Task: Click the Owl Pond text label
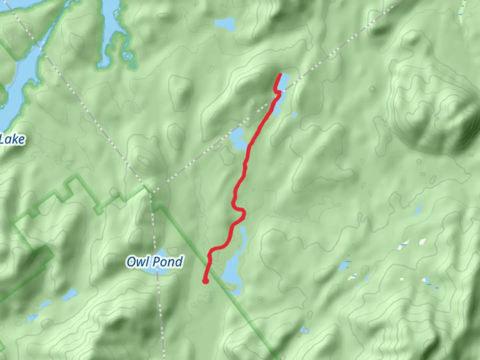[x=155, y=262]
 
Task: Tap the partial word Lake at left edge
[x=12, y=139]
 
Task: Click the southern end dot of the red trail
[x=206, y=281]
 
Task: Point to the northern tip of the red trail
[x=280, y=74]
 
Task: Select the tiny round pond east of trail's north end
[x=294, y=115]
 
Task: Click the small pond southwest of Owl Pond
[x=70, y=294]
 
